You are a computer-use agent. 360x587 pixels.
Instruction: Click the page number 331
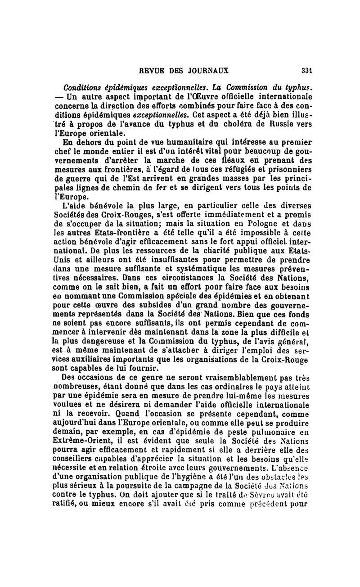point(307,71)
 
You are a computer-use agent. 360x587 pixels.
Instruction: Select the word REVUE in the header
point(152,71)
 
